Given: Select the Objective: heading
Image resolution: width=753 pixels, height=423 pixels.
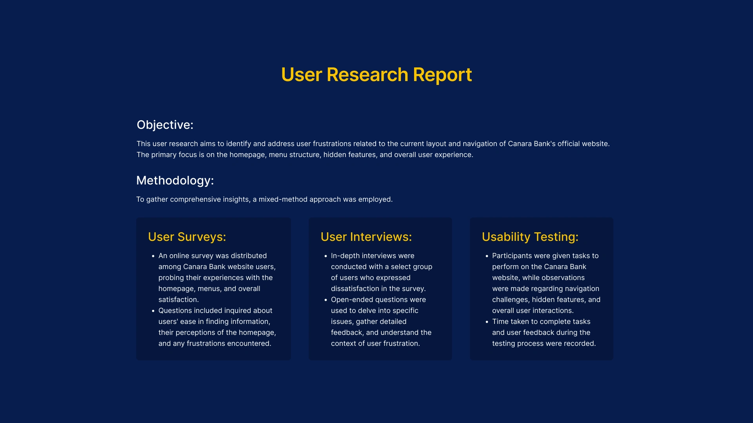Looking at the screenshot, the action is click(x=165, y=125).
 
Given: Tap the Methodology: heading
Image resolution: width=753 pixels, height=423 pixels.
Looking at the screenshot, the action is click(x=175, y=180).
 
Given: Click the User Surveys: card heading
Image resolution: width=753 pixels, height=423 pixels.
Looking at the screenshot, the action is click(x=187, y=237).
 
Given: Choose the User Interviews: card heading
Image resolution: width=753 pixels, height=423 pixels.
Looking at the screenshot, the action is click(x=366, y=237).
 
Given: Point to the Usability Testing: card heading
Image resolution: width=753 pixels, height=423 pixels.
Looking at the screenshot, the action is click(x=530, y=237).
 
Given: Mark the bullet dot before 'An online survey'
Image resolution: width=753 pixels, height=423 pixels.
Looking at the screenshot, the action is click(x=153, y=256).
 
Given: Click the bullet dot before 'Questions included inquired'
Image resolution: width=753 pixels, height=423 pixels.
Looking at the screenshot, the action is click(x=153, y=311).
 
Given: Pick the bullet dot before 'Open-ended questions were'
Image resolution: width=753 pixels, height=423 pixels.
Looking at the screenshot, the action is click(x=326, y=300).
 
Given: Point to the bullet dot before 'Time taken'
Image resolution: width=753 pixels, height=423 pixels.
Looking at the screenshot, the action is click(x=487, y=322).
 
